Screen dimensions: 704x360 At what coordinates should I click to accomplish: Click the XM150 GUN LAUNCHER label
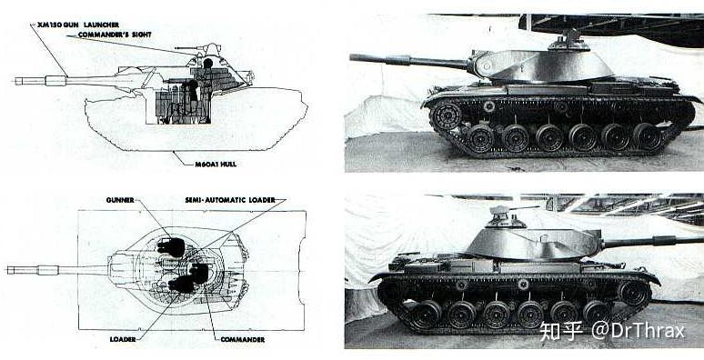tap(78, 25)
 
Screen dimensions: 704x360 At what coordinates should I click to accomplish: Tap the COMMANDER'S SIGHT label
tap(115, 35)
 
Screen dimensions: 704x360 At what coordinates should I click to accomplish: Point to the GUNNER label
tap(120, 200)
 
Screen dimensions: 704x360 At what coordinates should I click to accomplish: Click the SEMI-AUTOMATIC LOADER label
tap(230, 200)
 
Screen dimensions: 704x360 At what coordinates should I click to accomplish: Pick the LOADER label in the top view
tap(123, 339)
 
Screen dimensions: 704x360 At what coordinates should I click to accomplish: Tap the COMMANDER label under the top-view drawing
tap(243, 339)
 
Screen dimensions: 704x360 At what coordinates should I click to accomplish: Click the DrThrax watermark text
tap(638, 331)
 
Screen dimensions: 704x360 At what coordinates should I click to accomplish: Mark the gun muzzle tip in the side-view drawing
tap(15, 81)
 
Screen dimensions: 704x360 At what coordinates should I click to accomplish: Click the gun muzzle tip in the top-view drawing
tap(7, 270)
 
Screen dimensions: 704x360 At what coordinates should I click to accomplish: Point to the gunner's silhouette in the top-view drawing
tap(171, 247)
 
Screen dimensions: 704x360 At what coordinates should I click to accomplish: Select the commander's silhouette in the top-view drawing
tap(198, 273)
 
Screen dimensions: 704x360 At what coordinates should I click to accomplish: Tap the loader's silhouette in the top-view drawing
tap(181, 285)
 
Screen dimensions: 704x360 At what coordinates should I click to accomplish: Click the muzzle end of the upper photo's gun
tap(352, 57)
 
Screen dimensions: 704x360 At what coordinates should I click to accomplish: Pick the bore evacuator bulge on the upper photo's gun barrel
tap(402, 60)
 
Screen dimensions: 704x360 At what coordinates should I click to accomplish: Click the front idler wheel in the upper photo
tap(447, 116)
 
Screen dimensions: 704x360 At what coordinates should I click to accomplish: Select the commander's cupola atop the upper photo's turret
tap(568, 41)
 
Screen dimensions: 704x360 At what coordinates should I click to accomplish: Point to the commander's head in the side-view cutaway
tap(207, 64)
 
